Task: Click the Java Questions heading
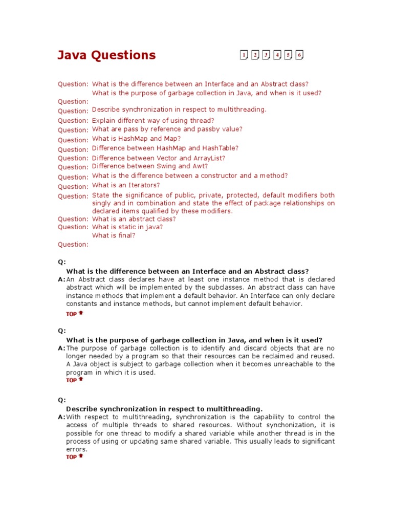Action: point(106,55)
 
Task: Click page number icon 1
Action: point(244,55)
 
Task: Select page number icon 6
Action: point(299,55)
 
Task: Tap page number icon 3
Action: point(266,55)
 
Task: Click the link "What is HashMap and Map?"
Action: point(136,139)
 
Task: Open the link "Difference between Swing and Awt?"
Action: point(150,166)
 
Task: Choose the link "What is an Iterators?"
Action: point(126,185)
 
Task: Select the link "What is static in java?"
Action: point(127,227)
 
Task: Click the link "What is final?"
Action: point(114,236)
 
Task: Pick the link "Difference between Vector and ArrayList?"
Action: point(159,158)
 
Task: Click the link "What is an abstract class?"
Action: point(134,219)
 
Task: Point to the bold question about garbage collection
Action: point(194,340)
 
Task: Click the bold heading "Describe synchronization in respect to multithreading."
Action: point(164,409)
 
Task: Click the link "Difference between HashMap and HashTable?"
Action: point(165,148)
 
